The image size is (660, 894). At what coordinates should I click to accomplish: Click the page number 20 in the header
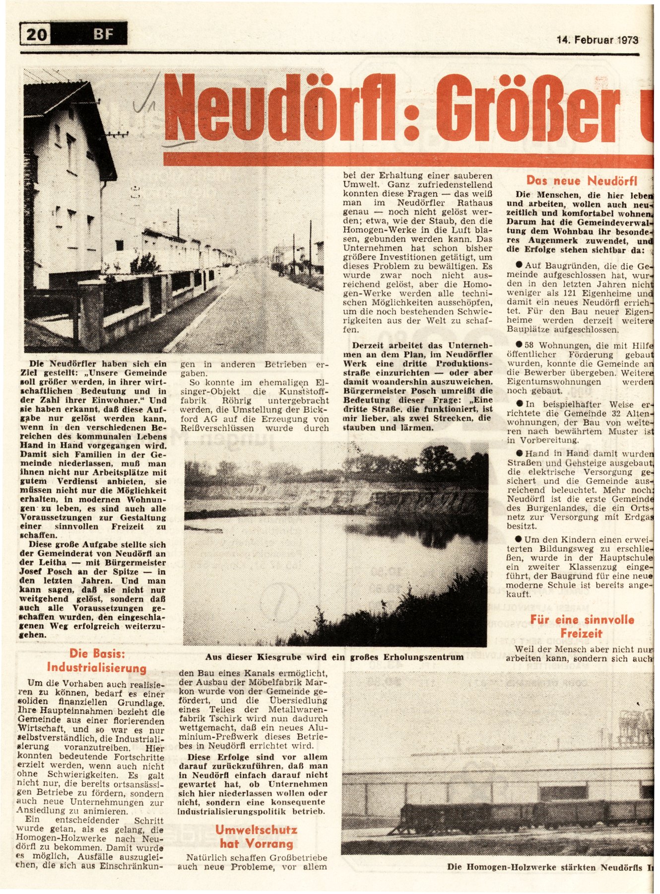point(37,34)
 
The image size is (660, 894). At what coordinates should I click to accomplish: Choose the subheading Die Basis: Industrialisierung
point(96,661)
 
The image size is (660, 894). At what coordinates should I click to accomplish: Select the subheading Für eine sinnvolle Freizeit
point(582,626)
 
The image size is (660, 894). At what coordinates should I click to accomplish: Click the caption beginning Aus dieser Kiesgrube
point(334,657)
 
